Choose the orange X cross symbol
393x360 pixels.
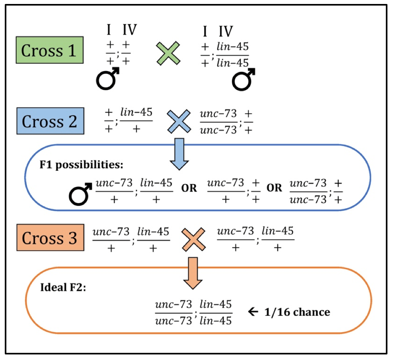click(193, 239)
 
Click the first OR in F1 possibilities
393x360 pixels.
click(189, 188)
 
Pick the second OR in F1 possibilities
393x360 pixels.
click(274, 188)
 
